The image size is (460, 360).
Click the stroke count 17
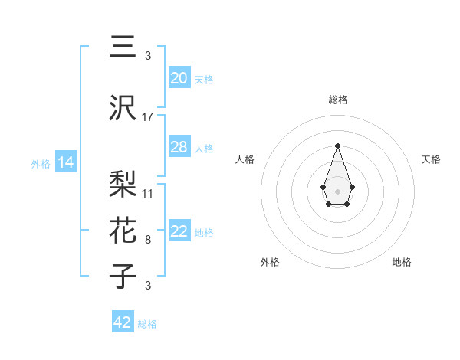pyautogui.click(x=148, y=116)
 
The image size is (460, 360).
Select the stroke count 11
pyautogui.click(x=148, y=193)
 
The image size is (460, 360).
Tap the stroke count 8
pyautogui.click(x=148, y=240)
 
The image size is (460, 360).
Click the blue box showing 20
pyautogui.click(x=179, y=78)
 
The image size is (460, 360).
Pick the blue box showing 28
pyautogui.click(x=179, y=147)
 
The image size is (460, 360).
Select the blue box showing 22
pyautogui.click(x=179, y=231)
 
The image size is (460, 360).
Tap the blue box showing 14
pyautogui.click(x=64, y=162)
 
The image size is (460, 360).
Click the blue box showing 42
pyautogui.click(x=123, y=322)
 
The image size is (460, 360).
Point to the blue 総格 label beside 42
pyautogui.click(x=147, y=324)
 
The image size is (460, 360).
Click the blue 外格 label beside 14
pyautogui.click(x=41, y=163)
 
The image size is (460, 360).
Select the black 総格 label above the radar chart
pyautogui.click(x=337, y=100)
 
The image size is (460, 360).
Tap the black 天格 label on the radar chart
pyautogui.click(x=431, y=159)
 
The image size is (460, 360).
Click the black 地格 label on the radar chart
pyautogui.click(x=402, y=262)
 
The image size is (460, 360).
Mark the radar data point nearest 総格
pyautogui.click(x=337, y=146)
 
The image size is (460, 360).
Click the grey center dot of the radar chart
pyautogui.click(x=337, y=190)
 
